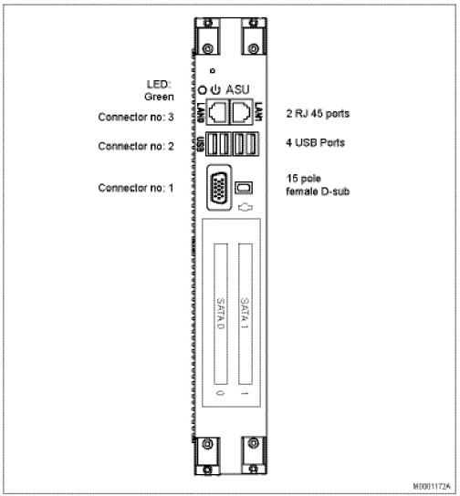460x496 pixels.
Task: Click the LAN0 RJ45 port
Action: tap(217, 111)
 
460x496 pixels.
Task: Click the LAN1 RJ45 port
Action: tap(241, 111)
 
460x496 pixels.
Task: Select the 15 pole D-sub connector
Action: tap(219, 187)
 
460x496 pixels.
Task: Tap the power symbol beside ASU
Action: tap(215, 90)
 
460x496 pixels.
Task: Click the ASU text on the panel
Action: tap(237, 90)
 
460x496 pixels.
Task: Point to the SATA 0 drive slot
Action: tap(221, 314)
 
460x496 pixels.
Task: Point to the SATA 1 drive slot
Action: tap(246, 314)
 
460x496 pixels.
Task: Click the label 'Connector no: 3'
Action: tap(136, 117)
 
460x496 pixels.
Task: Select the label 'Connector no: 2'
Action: tap(136, 146)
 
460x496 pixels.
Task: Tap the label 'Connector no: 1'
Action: tap(136, 188)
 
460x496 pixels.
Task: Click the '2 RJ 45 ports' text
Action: tap(318, 114)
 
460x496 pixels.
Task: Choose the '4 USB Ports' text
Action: tap(315, 142)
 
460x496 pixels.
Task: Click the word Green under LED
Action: tap(159, 97)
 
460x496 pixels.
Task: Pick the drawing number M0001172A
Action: tap(432, 486)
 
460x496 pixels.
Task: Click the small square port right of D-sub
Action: tap(244, 188)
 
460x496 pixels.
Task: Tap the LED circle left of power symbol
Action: tap(202, 90)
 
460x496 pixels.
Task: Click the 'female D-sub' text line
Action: tap(318, 191)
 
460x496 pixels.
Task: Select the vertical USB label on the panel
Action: tap(200, 144)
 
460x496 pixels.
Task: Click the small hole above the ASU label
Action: tap(213, 70)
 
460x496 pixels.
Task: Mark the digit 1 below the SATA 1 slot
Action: tap(245, 393)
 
